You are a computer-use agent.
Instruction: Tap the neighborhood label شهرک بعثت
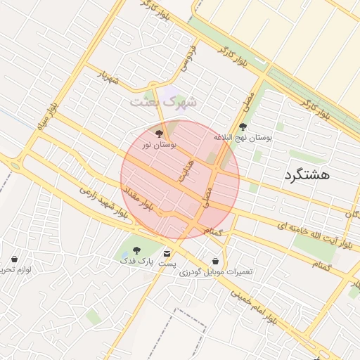[x=163, y=101]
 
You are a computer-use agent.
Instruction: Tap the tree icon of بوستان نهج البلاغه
[x=243, y=127]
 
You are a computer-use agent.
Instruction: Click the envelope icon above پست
[x=167, y=252]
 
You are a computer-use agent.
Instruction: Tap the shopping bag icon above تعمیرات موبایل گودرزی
[x=214, y=261]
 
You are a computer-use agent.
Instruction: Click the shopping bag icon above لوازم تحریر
[x=14, y=259]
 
